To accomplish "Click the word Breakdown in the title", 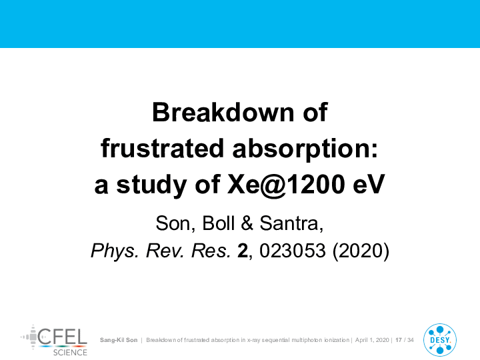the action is [224, 113].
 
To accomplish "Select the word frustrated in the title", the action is [162, 148].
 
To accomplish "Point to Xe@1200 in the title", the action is [286, 185].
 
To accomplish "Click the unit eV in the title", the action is [369, 185].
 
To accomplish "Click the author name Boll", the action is [219, 223].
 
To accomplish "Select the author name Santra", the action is [291, 223].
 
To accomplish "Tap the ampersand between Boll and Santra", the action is [247, 223].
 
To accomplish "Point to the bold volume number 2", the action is [243, 251].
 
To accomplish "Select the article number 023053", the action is [293, 251].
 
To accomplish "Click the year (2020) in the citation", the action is [361, 251].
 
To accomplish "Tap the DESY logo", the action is [440, 340].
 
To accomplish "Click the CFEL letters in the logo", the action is [62, 337].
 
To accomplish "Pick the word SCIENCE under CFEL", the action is [70, 353].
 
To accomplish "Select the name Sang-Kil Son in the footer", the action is [119, 340].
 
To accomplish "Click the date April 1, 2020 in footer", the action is [372, 340].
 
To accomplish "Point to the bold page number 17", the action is [399, 340].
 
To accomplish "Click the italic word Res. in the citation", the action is [211, 251].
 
